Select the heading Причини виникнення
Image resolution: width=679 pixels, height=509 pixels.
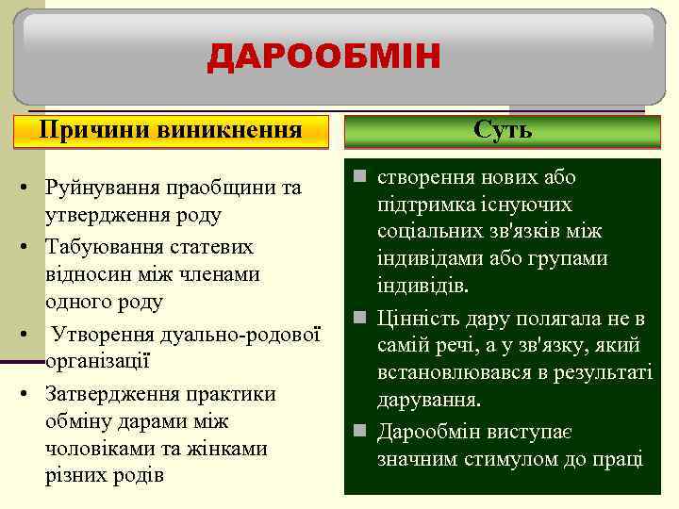(171, 130)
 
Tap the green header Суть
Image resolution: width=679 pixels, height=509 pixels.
(503, 130)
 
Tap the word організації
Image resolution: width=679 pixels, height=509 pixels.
(97, 362)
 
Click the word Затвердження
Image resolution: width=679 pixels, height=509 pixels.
(109, 391)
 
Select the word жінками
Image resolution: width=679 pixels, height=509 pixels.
(225, 449)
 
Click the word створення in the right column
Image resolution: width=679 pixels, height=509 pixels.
(421, 178)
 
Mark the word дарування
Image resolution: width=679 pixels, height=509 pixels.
(428, 400)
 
